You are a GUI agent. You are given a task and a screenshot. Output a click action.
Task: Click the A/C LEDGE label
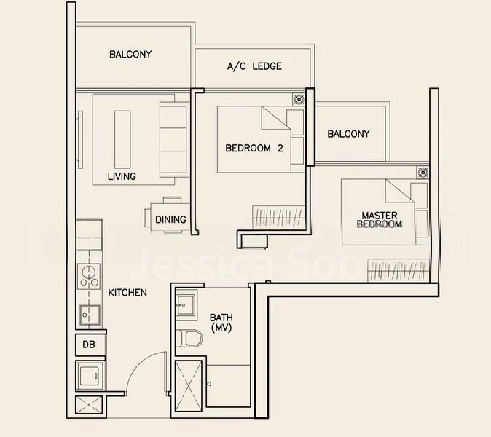click(x=254, y=66)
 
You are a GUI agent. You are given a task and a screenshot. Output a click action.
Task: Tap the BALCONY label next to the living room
click(x=130, y=54)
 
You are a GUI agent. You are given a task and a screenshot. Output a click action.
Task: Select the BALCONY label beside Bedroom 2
click(x=348, y=134)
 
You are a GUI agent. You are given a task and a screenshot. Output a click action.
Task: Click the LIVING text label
click(x=122, y=176)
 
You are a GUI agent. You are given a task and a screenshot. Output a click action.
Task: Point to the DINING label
click(x=170, y=219)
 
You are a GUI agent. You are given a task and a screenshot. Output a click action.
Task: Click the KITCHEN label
click(x=128, y=293)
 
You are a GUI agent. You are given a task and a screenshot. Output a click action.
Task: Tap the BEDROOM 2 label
click(x=254, y=148)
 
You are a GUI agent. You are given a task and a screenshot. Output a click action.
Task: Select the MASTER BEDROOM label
click(x=379, y=220)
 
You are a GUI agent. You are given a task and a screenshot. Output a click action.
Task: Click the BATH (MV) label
click(x=221, y=323)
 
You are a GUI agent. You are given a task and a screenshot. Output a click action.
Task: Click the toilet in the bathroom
click(x=191, y=339)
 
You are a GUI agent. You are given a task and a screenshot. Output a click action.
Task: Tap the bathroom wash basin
click(x=185, y=304)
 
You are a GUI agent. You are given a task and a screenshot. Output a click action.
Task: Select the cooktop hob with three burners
click(x=90, y=277)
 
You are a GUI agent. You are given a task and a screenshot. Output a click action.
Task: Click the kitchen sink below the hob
click(x=90, y=315)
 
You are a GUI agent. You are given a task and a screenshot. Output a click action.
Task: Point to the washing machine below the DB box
click(x=90, y=377)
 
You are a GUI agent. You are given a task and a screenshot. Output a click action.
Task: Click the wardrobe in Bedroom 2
click(x=278, y=216)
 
